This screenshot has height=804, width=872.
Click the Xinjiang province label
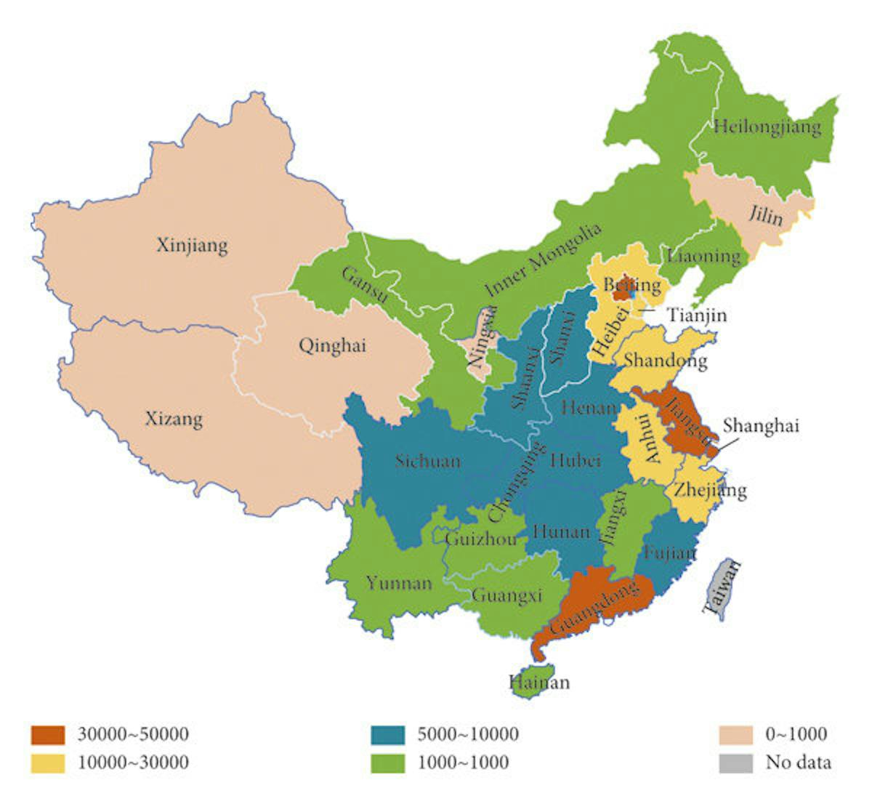(x=192, y=245)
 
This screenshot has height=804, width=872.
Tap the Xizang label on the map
(x=174, y=419)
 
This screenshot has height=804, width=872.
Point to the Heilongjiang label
(x=767, y=127)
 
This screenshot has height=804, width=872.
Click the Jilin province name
(x=766, y=216)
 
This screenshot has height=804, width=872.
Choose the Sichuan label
(x=427, y=461)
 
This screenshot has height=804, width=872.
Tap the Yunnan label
(x=399, y=582)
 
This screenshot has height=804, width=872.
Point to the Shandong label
(x=665, y=360)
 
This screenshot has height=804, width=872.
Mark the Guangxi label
(x=507, y=595)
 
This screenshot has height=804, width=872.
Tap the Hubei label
(x=576, y=459)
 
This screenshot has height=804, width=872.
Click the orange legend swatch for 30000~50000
(x=48, y=734)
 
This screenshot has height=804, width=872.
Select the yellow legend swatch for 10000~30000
(x=48, y=763)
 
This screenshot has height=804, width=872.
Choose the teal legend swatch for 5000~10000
(x=387, y=734)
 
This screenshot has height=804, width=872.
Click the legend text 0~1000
(x=796, y=734)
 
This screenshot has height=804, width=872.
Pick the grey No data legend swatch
(x=735, y=763)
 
